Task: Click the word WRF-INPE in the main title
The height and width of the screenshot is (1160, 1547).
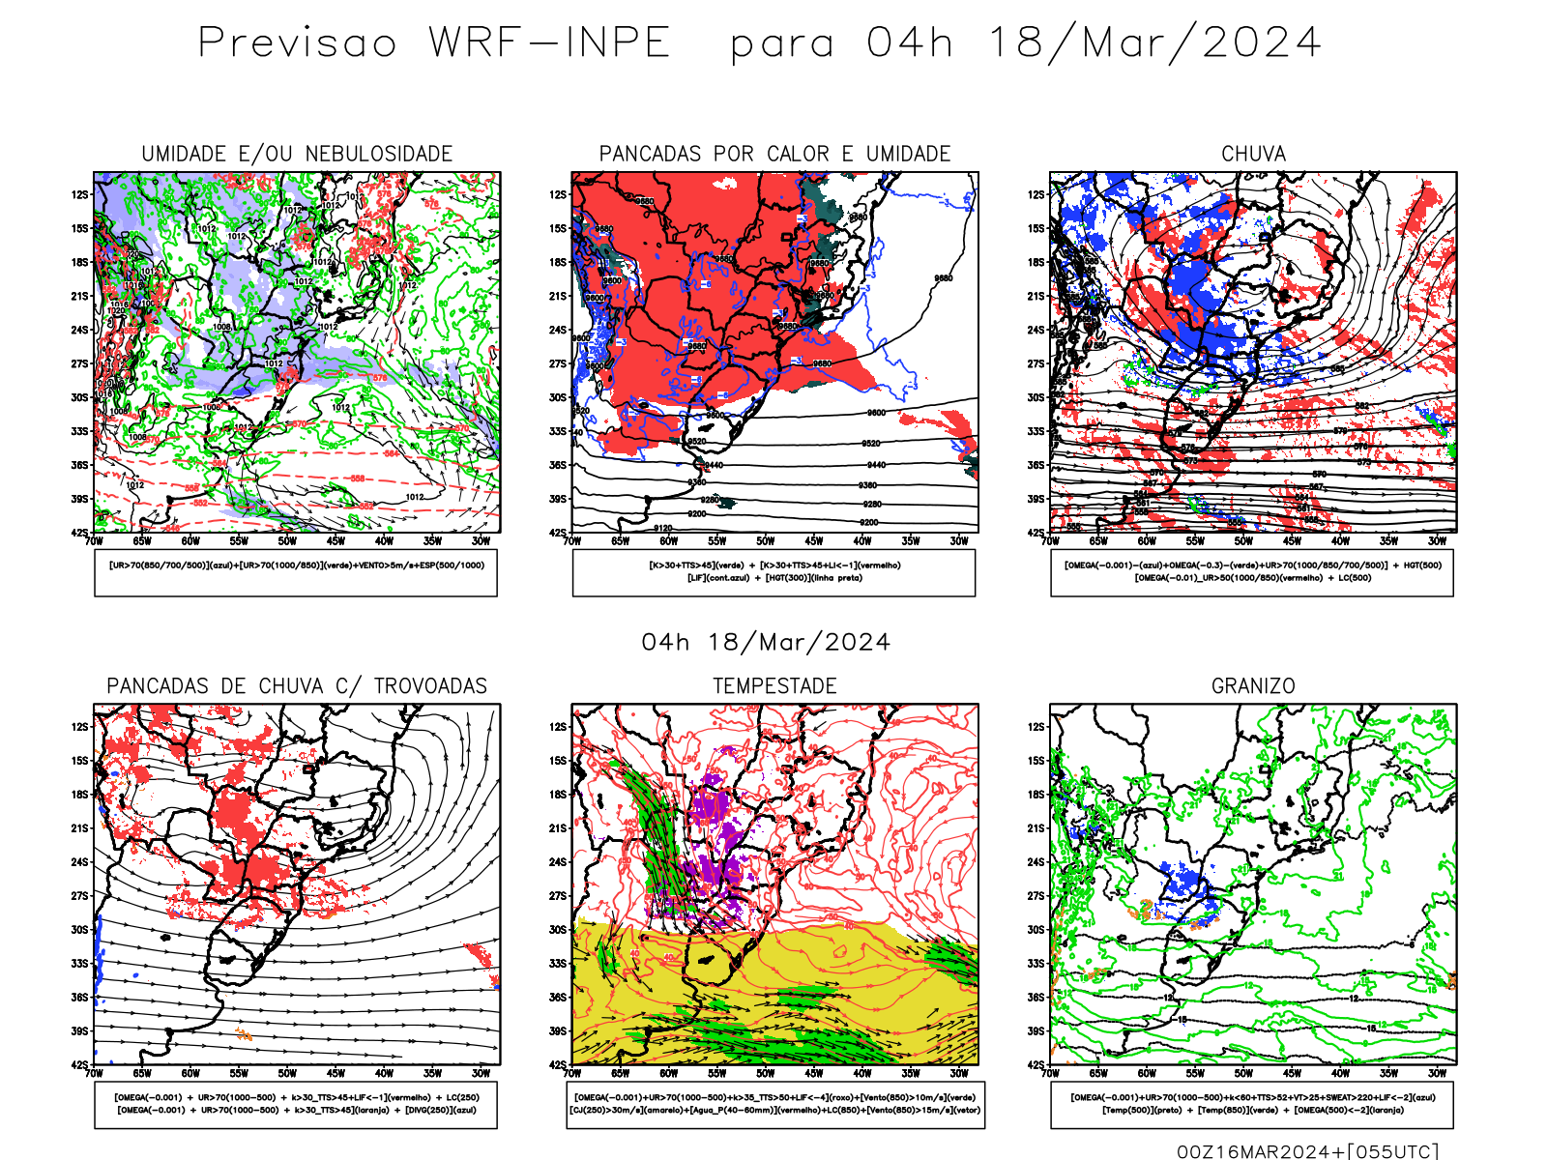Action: tap(549, 43)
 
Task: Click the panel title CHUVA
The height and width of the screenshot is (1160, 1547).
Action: tap(1253, 154)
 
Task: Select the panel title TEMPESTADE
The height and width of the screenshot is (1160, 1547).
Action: tap(774, 686)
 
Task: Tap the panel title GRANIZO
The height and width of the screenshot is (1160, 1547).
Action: tap(1253, 686)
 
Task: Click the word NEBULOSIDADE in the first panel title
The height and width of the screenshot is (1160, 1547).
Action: tap(379, 154)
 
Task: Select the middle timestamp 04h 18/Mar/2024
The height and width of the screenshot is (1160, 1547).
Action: tap(766, 643)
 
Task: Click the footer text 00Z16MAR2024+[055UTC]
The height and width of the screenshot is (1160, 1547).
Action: tap(1307, 1151)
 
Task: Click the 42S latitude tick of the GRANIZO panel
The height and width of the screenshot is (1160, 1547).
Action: tap(1036, 1064)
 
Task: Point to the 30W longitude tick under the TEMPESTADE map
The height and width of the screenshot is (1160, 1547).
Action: tap(958, 1073)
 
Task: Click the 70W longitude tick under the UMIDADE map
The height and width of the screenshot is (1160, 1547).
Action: tap(94, 541)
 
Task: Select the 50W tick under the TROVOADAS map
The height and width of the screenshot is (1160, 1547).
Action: tap(287, 1073)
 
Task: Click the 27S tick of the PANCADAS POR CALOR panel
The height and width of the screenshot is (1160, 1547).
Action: tap(558, 363)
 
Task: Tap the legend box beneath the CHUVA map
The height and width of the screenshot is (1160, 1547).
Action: tap(1252, 572)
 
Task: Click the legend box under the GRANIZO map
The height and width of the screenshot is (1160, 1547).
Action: tap(1252, 1104)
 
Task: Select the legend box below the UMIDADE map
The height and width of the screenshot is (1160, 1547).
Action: tap(296, 572)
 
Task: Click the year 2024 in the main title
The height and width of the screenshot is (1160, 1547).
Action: tap(1262, 43)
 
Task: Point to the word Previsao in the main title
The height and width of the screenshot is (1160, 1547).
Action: tap(298, 43)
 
